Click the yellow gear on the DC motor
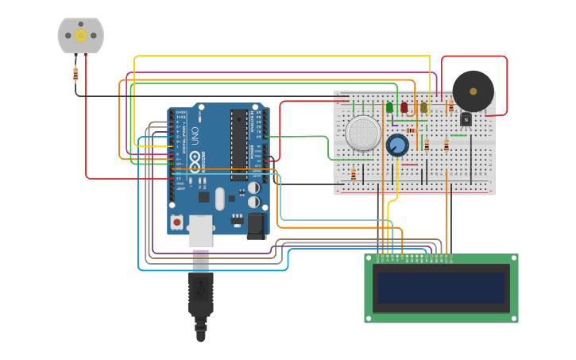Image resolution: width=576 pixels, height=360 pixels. pyautogui.click(x=80, y=35)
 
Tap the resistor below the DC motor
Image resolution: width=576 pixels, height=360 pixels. pyautogui.click(x=75, y=74)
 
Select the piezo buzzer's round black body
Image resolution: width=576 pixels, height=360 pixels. pyautogui.click(x=473, y=91)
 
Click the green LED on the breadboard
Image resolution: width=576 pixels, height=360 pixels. pyautogui.click(x=389, y=107)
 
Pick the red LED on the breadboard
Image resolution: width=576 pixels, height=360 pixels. pyautogui.click(x=404, y=107)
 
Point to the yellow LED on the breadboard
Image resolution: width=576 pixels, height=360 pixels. pyautogui.click(x=423, y=107)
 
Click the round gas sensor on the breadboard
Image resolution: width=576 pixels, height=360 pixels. pyautogui.click(x=363, y=133)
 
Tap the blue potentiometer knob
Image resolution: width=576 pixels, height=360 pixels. pyautogui.click(x=397, y=145)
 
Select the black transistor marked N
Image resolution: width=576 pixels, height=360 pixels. pyautogui.click(x=466, y=119)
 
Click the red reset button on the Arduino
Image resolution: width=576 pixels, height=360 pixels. pyautogui.click(x=176, y=220)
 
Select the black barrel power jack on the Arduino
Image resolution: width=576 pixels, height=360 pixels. pyautogui.click(x=256, y=226)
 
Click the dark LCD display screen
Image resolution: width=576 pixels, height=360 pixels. pyautogui.click(x=441, y=288)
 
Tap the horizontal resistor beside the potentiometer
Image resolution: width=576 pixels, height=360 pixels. pyautogui.click(x=411, y=130)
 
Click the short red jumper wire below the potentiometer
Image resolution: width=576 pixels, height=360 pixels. pyautogui.click(x=409, y=165)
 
